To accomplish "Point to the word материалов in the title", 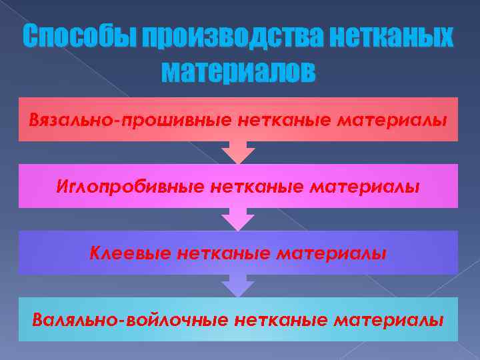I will [x=239, y=71].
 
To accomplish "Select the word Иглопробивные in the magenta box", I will [x=130, y=187].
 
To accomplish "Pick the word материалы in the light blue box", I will [x=388, y=319].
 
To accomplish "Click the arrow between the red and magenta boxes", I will [x=238, y=153].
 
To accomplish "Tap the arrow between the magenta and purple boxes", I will [x=238, y=219].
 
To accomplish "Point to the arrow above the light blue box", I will [x=238, y=286].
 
